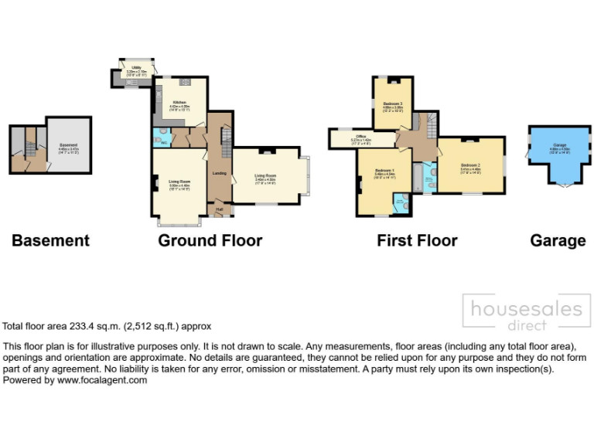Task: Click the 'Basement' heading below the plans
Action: point(50,241)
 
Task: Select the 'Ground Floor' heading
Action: point(210,241)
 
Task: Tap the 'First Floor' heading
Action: point(417,241)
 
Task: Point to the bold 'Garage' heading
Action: point(558,241)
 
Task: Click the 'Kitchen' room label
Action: point(179,103)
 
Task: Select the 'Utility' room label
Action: point(136,68)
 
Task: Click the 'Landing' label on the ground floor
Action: point(219,173)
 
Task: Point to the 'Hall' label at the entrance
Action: point(219,209)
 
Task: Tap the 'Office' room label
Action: point(361,137)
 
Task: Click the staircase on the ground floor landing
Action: point(226,143)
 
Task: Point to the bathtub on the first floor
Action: point(418,178)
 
